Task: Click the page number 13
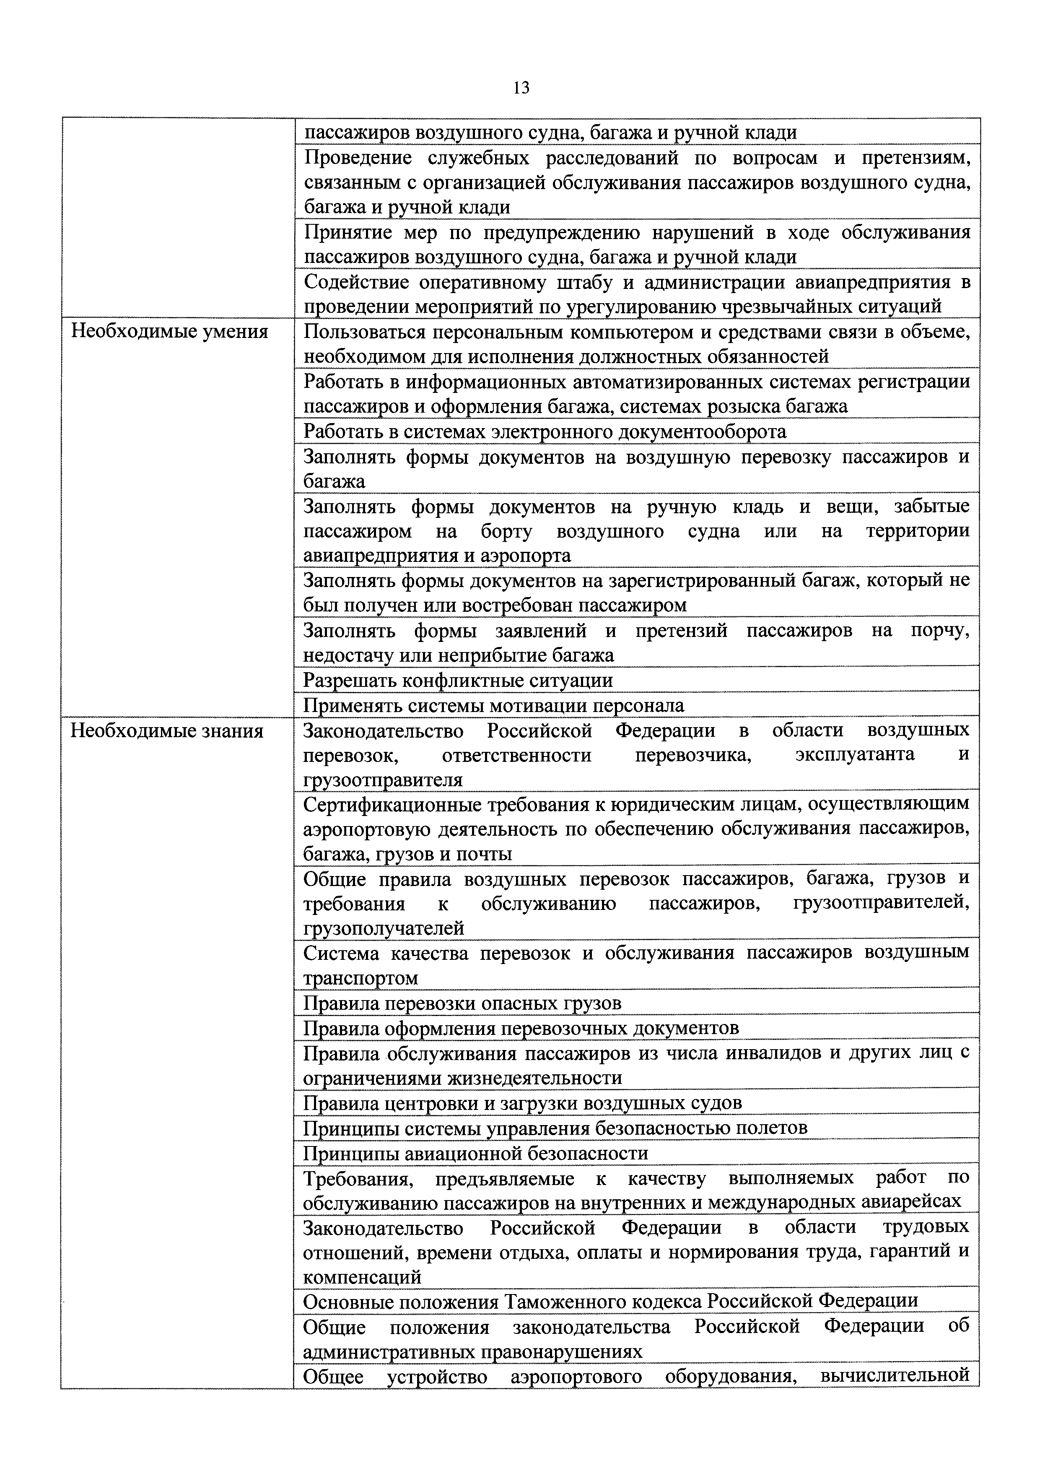[521, 88]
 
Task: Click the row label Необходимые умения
[169, 332]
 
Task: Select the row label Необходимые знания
[166, 731]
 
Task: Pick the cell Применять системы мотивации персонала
[494, 705]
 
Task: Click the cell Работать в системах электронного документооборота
[545, 431]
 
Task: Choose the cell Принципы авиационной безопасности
[476, 1153]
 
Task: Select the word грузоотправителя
[382, 780]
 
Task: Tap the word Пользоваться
[363, 332]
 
